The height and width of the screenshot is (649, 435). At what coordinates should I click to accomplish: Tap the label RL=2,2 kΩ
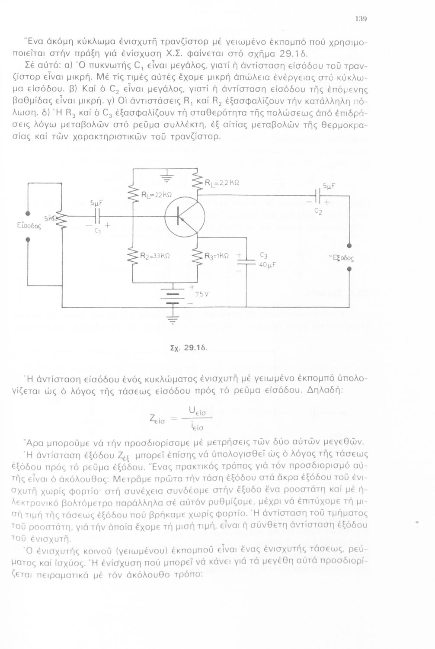(x=220, y=182)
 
